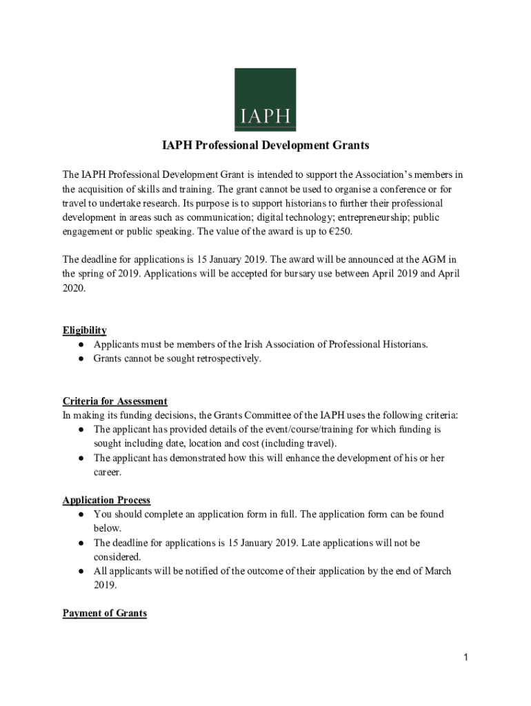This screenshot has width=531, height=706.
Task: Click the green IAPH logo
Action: [265, 99]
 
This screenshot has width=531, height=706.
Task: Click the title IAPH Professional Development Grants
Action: [265, 145]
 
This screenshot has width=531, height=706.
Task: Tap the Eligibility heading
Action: [84, 330]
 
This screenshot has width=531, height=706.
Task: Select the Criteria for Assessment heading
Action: [114, 401]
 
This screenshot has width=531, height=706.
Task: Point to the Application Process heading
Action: [106, 500]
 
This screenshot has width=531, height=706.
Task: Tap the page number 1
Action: [466, 658]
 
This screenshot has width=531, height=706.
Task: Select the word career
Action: [107, 473]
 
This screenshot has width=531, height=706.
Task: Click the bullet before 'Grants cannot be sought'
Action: [81, 359]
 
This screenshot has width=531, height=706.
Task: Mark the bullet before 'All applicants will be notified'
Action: [81, 572]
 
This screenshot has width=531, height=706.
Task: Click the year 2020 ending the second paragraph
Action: [73, 288]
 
